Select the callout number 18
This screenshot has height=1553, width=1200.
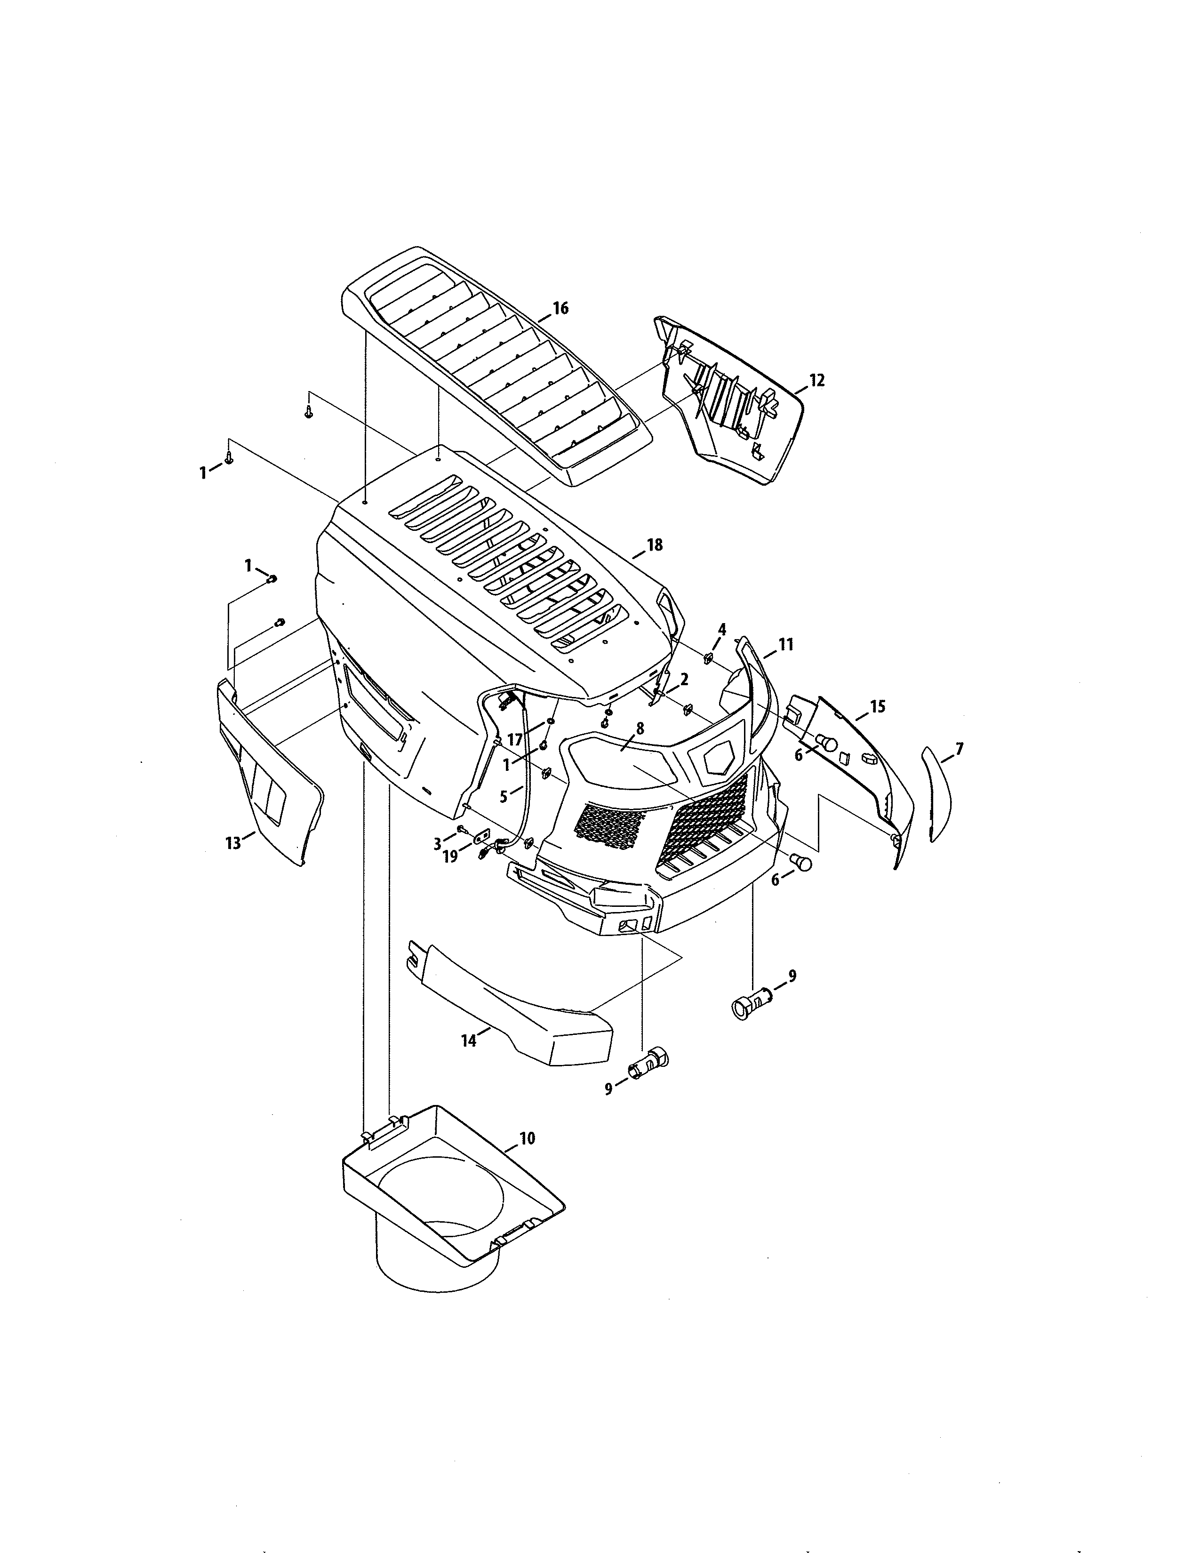654,544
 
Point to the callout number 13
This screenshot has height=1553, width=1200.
233,844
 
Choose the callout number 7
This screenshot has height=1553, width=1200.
959,749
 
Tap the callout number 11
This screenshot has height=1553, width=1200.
785,644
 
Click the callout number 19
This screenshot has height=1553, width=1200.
451,857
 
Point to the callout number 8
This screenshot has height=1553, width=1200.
640,728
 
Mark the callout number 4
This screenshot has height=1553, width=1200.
722,629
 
